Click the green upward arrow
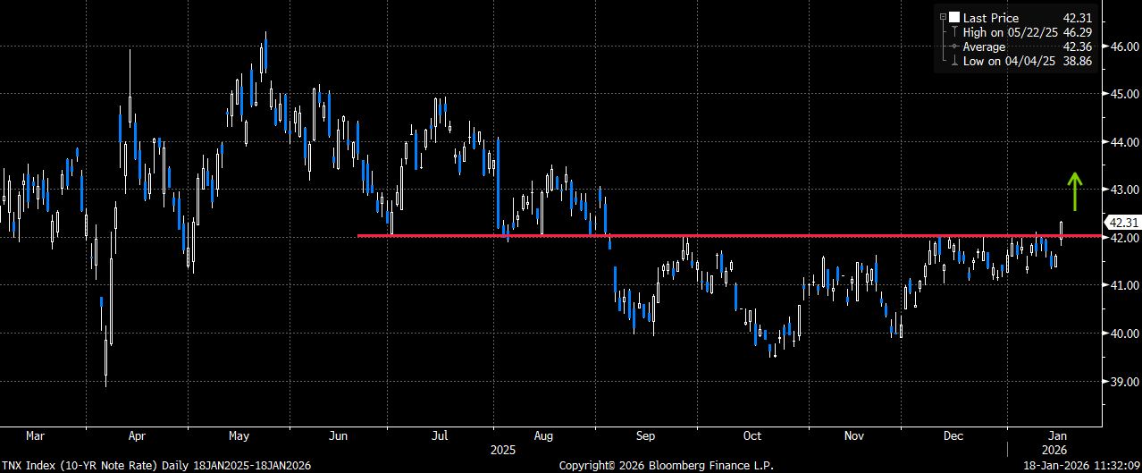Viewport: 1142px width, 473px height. click(x=1075, y=191)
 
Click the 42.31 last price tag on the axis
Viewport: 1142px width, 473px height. click(x=1123, y=223)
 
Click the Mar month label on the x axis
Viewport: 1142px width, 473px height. click(x=35, y=436)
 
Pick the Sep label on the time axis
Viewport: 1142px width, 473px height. click(x=645, y=436)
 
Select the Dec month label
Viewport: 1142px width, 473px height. click(x=953, y=436)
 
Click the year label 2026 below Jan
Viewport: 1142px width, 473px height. click(x=1054, y=450)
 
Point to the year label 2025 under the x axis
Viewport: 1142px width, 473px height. click(x=503, y=450)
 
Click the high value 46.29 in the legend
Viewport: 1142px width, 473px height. click(x=1078, y=33)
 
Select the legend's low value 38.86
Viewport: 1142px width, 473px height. click(x=1078, y=61)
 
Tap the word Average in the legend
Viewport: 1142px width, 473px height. click(x=984, y=47)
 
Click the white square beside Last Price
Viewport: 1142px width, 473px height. click(x=953, y=18)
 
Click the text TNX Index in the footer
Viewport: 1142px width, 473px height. click(x=29, y=465)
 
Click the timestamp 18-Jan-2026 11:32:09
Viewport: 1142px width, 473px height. click(x=1082, y=465)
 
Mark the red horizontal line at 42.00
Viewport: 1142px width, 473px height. click(x=729, y=236)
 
